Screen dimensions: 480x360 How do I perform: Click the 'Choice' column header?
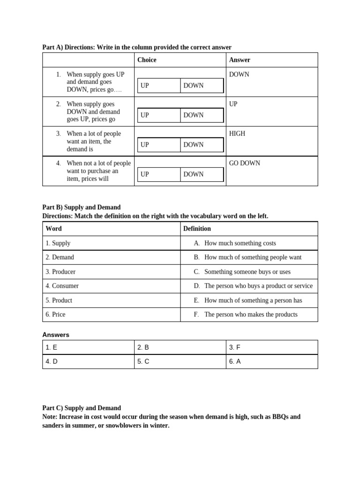(x=147, y=60)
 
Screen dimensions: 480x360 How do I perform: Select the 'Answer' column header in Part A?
(x=240, y=60)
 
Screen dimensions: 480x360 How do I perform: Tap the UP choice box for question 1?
(x=158, y=86)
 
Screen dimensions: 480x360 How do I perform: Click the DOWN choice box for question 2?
(x=202, y=115)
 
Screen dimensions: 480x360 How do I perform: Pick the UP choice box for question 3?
(x=158, y=145)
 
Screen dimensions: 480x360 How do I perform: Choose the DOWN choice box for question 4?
(x=202, y=174)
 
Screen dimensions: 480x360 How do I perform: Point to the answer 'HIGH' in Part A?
(x=237, y=134)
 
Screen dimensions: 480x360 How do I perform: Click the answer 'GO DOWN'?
(x=245, y=163)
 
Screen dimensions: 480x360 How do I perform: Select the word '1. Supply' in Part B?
(x=58, y=243)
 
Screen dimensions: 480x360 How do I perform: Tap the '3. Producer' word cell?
(x=60, y=272)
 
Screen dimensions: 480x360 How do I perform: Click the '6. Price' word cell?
(x=55, y=315)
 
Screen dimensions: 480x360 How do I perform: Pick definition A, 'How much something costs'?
(x=240, y=243)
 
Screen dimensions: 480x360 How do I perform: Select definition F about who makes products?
(x=250, y=315)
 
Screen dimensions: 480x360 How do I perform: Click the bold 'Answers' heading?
(x=56, y=335)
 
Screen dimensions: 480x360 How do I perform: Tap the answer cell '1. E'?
(x=52, y=347)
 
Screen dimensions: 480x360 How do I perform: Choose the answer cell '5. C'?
(x=143, y=361)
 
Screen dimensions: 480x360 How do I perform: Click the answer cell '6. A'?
(x=235, y=361)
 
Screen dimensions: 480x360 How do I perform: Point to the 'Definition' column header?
(x=197, y=229)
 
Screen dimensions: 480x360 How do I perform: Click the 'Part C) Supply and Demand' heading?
(x=82, y=408)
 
